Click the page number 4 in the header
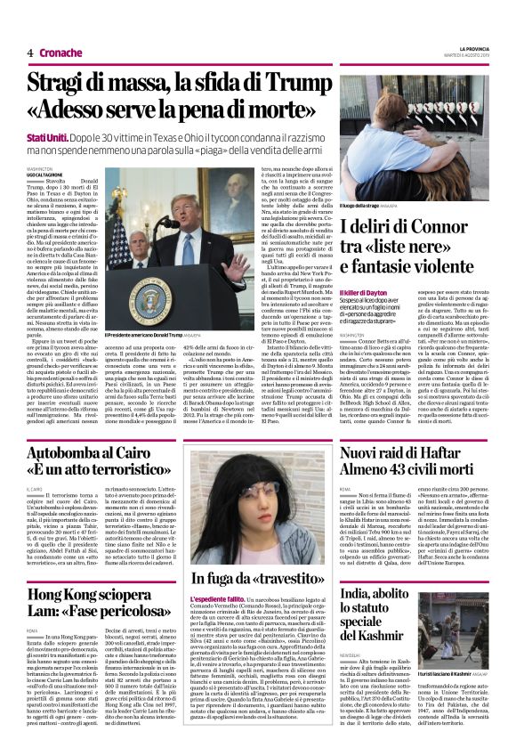click(x=30, y=53)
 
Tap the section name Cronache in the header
click(x=60, y=53)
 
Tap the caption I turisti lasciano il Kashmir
click(x=450, y=651)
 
